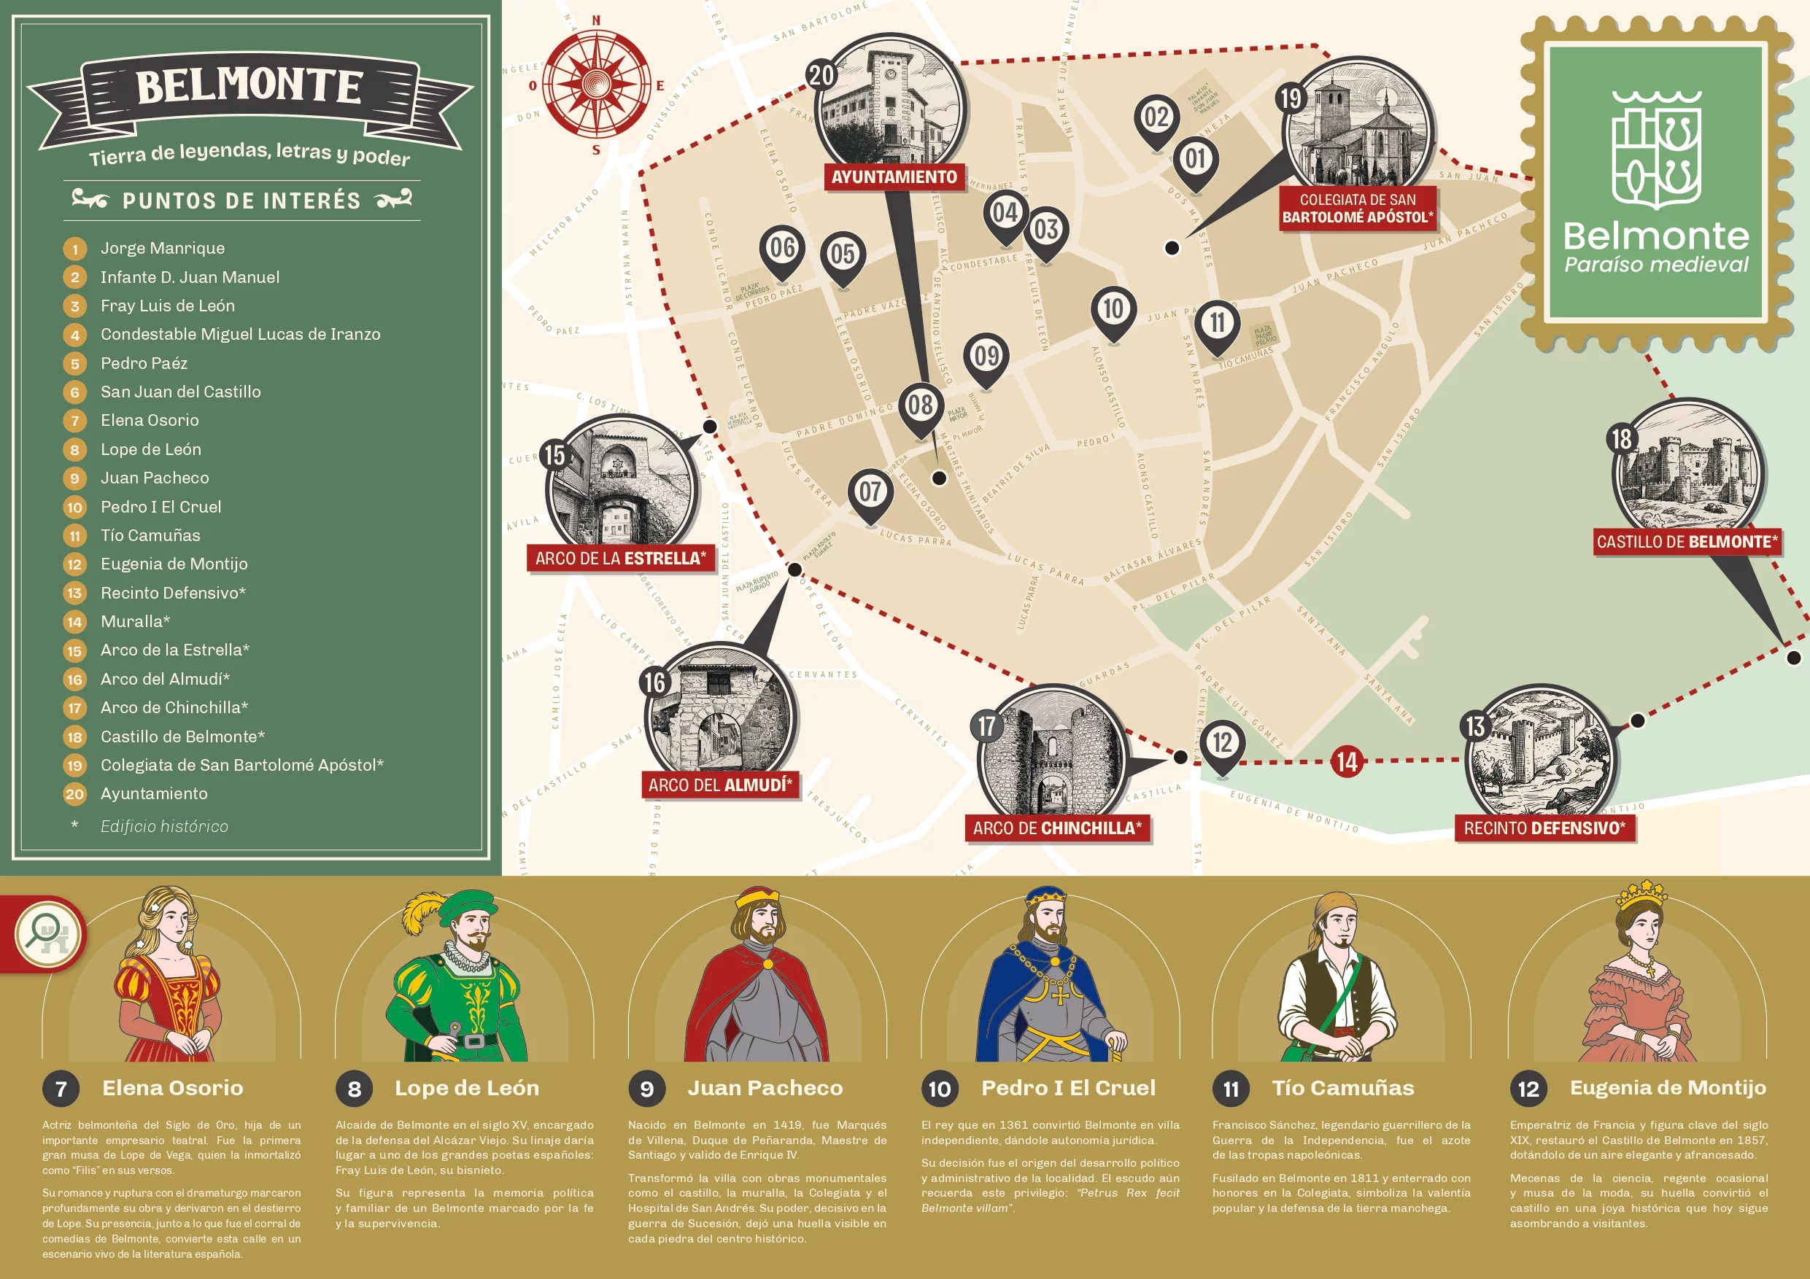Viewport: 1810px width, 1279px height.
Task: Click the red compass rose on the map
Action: (597, 84)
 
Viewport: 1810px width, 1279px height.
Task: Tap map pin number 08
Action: (920, 406)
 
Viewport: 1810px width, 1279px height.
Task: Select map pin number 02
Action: (1156, 118)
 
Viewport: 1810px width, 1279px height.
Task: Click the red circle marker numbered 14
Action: (1347, 761)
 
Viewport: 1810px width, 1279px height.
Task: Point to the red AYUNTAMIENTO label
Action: (894, 176)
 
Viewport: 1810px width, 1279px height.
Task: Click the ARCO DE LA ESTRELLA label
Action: (620, 558)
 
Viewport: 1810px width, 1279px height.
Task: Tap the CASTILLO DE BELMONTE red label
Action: (1687, 541)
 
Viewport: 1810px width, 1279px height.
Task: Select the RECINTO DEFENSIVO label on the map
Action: (1544, 828)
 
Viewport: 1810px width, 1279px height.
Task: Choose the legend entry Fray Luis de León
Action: (167, 306)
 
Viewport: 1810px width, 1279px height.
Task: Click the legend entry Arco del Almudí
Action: (165, 678)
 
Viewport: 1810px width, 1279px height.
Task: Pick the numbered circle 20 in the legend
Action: (75, 794)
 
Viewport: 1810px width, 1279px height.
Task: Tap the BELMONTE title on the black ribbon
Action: (249, 86)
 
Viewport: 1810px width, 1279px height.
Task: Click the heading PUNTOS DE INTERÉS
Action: (241, 201)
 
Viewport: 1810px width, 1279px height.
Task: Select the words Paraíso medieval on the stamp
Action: (1656, 265)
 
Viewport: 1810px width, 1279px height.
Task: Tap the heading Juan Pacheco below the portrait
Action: (765, 1087)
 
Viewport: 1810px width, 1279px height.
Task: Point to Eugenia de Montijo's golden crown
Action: (1641, 895)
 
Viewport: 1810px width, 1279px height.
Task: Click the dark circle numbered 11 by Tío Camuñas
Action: (1231, 1089)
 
